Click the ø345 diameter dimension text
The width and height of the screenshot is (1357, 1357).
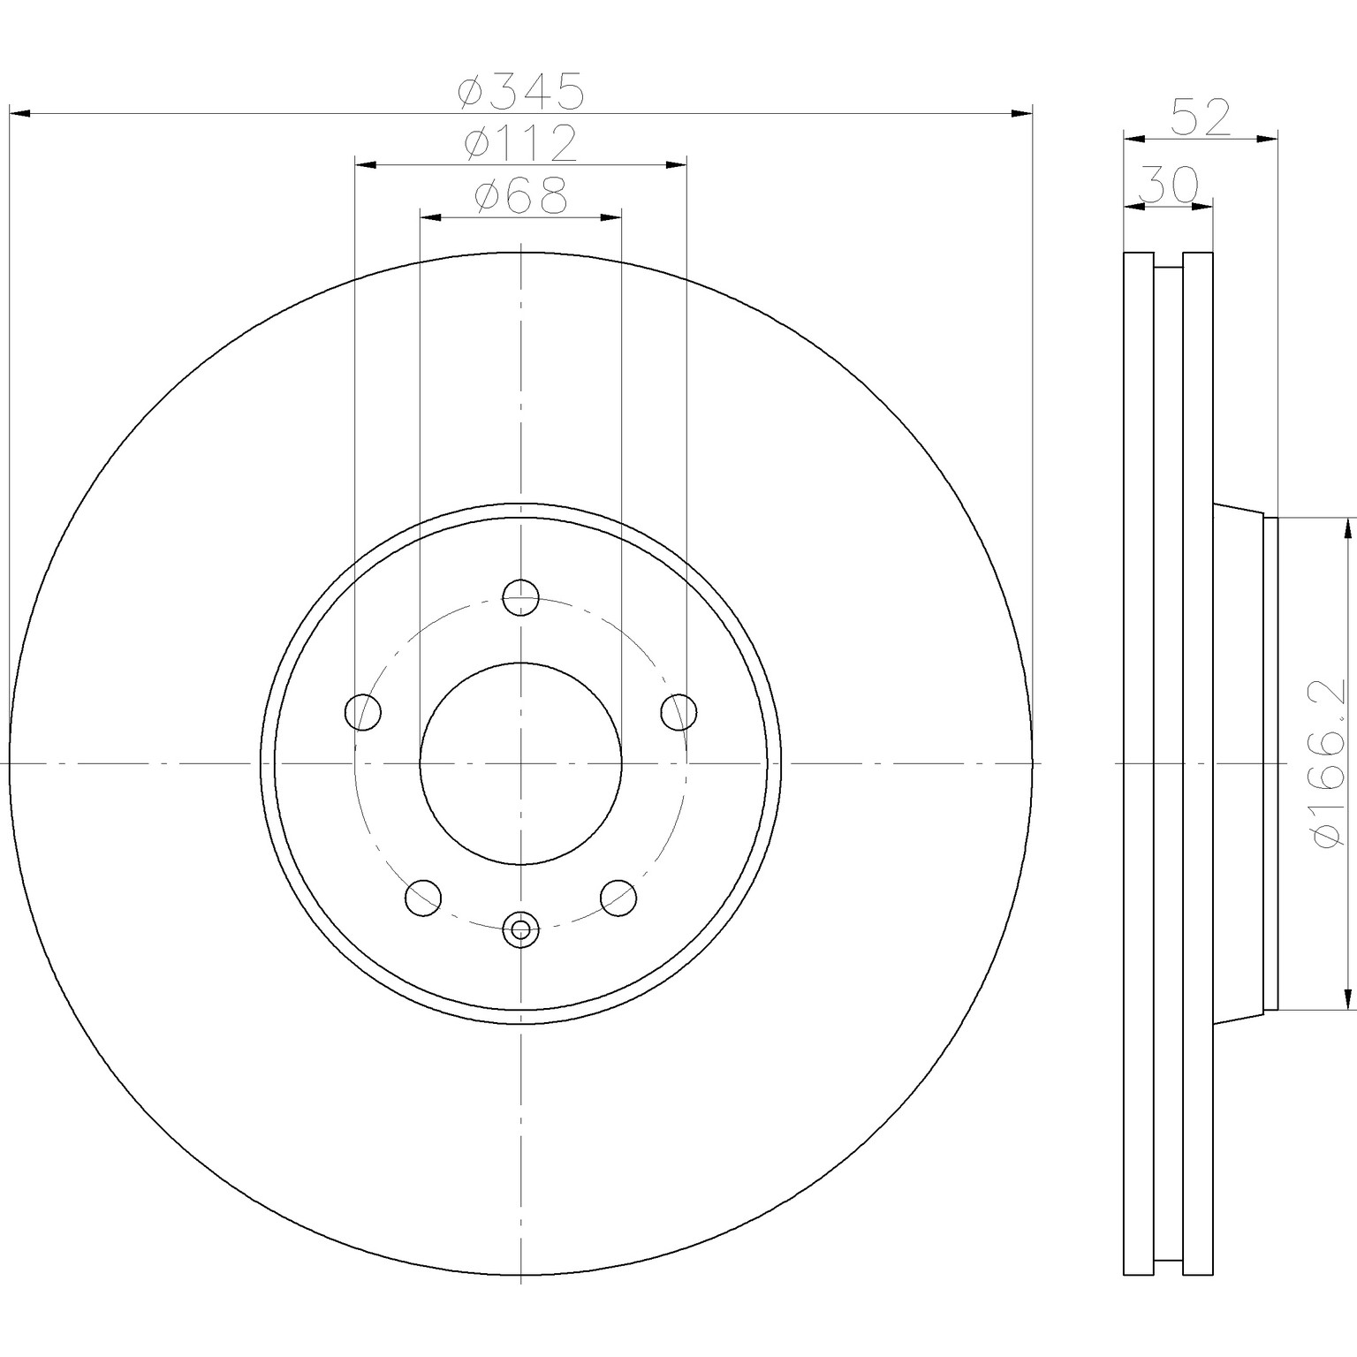click(x=520, y=92)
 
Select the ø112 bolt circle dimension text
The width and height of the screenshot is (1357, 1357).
click(x=520, y=143)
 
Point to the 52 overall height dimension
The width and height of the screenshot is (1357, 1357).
click(x=1200, y=118)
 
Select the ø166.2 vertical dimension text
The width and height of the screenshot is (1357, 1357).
click(x=1331, y=762)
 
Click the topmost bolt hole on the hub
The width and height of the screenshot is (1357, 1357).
click(x=521, y=597)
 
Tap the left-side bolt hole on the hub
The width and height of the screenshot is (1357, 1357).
click(x=362, y=712)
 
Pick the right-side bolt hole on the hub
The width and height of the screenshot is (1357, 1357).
click(x=678, y=712)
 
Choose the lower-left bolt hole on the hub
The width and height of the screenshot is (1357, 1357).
click(x=423, y=898)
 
